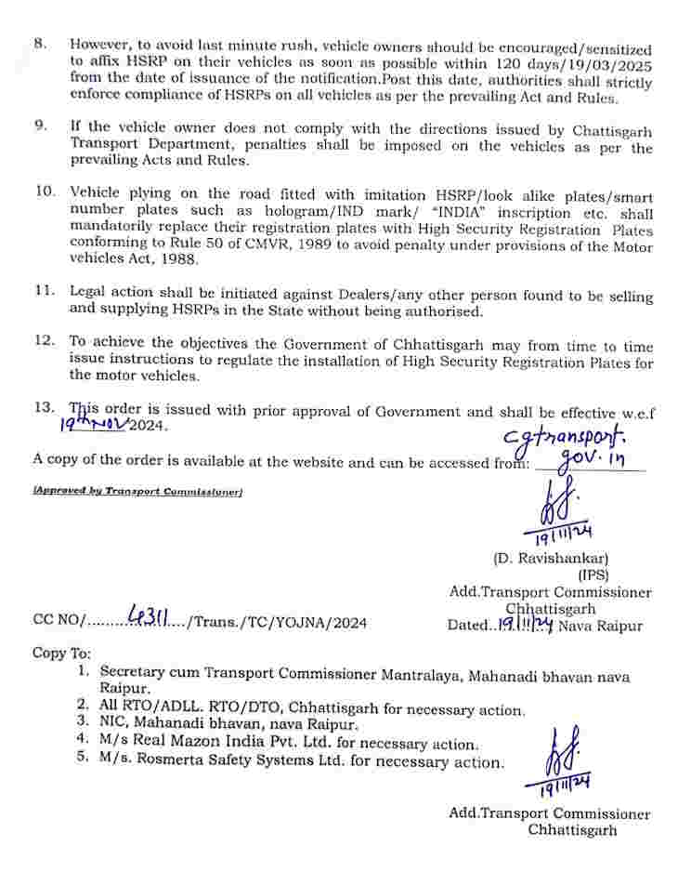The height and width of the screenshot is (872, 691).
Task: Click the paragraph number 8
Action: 39,44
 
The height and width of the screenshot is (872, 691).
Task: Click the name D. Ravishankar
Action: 550,559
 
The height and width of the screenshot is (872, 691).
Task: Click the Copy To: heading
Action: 62,653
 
